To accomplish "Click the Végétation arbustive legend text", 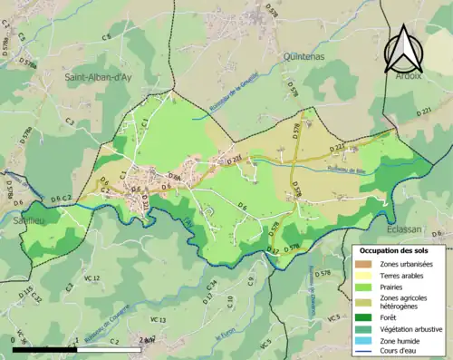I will click(x=411, y=327).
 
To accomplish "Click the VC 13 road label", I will click(x=158, y=320).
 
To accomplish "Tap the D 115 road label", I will click(x=26, y=292).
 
